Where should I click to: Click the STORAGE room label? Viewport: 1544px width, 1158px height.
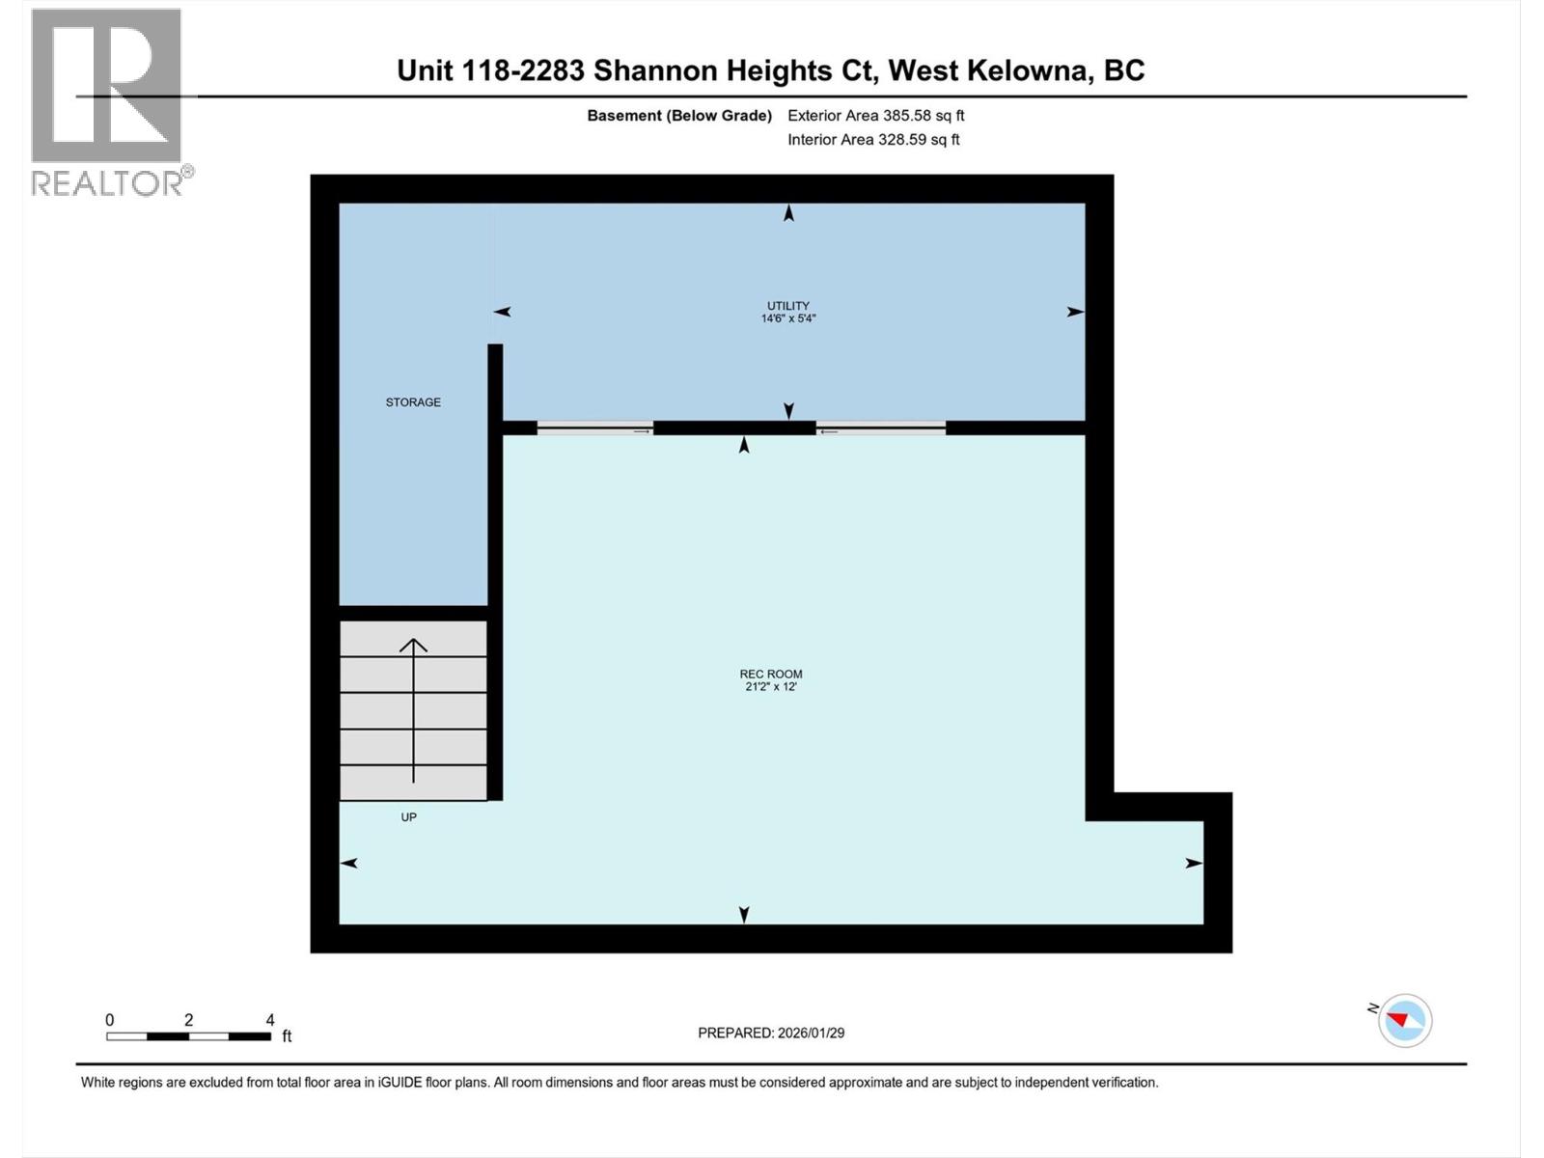tap(413, 402)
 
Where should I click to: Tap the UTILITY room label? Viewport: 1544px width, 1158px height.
tap(788, 306)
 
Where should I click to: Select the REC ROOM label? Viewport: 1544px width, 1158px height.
tap(771, 675)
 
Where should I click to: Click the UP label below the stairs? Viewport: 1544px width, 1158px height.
tap(409, 817)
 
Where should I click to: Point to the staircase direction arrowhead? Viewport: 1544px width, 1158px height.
tap(414, 645)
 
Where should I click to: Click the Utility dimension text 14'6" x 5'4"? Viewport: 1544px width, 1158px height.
tap(788, 318)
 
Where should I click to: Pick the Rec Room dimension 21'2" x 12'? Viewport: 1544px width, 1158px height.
tap(771, 687)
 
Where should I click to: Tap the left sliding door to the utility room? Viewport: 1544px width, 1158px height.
tap(595, 428)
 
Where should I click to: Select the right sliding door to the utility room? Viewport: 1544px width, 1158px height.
tap(881, 428)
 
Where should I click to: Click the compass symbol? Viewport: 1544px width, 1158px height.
tap(1405, 1020)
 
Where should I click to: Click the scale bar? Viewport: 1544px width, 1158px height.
tap(189, 1036)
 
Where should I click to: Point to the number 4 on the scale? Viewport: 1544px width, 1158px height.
tap(270, 1020)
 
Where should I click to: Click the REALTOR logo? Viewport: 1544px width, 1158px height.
tap(107, 101)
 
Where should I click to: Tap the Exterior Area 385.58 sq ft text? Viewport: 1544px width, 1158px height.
tap(876, 116)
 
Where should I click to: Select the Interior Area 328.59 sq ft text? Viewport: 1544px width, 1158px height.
tap(873, 140)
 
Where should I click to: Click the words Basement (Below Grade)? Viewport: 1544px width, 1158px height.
tap(679, 116)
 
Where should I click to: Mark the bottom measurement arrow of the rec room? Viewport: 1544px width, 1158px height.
tap(744, 914)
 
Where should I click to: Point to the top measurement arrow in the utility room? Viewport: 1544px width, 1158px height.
tap(789, 214)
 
